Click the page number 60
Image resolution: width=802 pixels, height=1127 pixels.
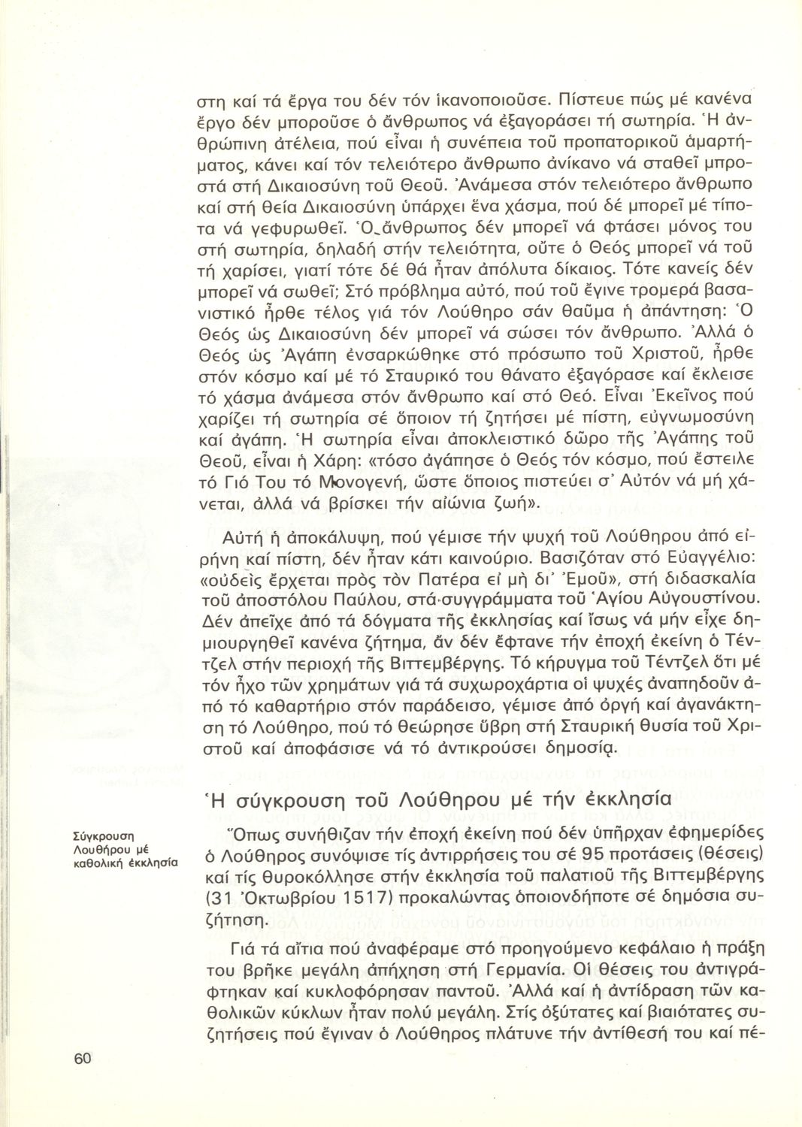(83, 1059)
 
